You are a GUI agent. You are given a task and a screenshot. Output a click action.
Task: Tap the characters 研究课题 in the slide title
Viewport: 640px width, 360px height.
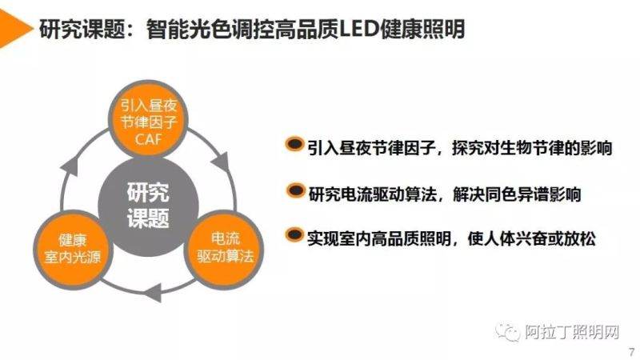tap(80, 29)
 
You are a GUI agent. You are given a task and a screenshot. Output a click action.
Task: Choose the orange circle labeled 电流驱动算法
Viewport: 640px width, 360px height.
tap(224, 249)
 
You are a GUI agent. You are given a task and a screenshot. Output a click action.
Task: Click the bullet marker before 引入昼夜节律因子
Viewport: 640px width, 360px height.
tap(294, 145)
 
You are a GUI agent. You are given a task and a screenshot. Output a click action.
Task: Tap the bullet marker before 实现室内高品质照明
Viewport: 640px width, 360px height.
tap(294, 236)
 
